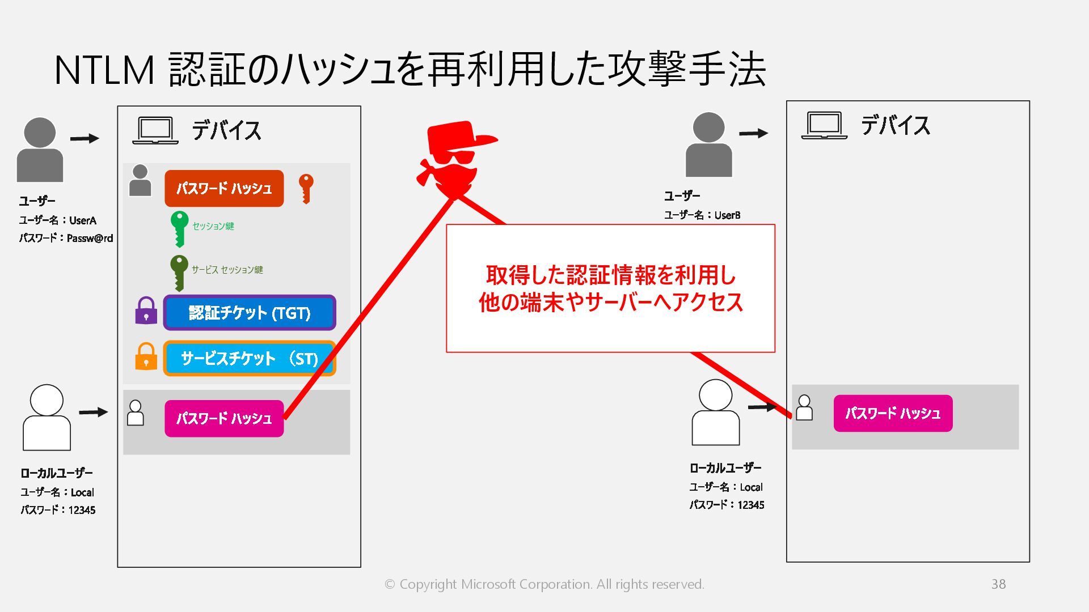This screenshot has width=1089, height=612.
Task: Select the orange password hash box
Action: click(224, 188)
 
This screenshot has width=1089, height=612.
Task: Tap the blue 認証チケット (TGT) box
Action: click(250, 313)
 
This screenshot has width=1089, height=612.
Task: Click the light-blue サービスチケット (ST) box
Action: click(250, 358)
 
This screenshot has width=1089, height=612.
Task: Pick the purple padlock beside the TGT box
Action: click(146, 311)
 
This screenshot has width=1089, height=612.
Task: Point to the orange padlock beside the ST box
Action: click(146, 357)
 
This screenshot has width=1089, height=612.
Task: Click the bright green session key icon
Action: click(179, 228)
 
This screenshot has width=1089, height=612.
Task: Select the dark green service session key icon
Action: click(179, 271)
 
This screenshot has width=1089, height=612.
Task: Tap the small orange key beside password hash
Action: click(306, 188)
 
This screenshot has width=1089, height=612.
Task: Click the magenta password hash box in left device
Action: click(224, 419)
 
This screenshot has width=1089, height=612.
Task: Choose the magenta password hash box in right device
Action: click(893, 414)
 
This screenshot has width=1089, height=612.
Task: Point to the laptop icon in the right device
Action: click(824, 126)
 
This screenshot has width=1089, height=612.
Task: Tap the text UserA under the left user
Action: click(83, 220)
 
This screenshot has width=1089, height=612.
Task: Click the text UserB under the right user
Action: click(727, 215)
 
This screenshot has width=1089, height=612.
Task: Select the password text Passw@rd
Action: click(90, 239)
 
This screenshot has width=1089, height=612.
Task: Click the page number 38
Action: click(998, 584)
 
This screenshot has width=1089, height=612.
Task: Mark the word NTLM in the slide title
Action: click(104, 70)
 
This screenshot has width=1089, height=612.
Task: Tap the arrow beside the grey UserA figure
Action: click(85, 138)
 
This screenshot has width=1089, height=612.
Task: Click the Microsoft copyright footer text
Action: click(544, 584)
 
